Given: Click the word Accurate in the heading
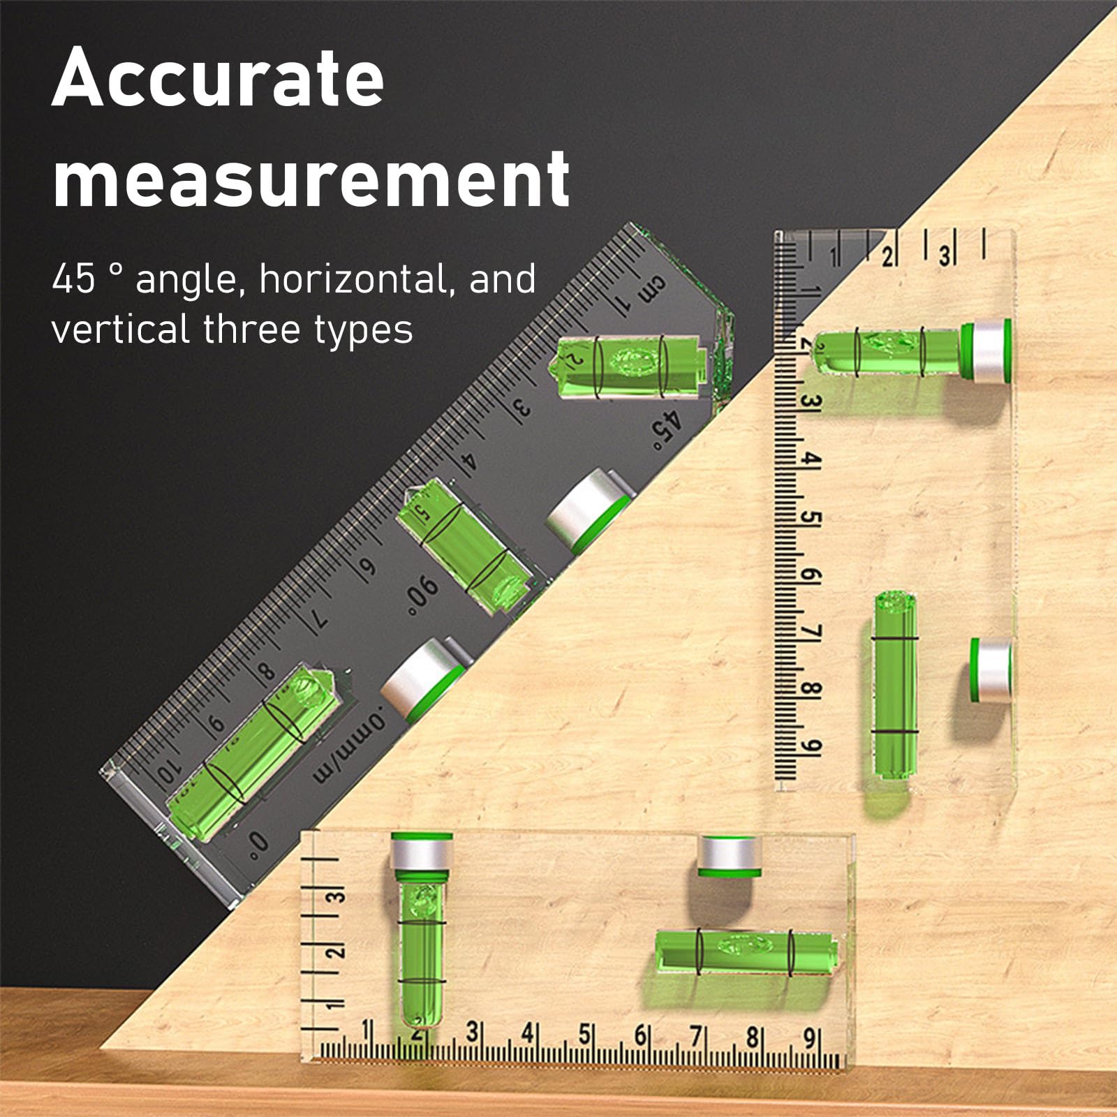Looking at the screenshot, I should point(218,78).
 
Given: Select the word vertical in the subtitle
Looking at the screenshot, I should point(121,329).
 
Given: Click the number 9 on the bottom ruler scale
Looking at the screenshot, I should point(808,1039).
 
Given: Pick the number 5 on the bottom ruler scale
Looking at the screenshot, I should point(584,1035).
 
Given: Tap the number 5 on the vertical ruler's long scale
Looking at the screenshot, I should point(813,519).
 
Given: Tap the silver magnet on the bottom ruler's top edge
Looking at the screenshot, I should point(730,856).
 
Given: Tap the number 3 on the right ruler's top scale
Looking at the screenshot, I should point(943,256).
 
